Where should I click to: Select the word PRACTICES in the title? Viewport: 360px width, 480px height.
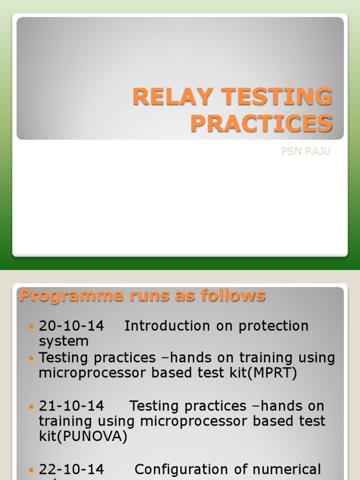point(261,124)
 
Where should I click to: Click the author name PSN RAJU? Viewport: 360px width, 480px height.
point(306,152)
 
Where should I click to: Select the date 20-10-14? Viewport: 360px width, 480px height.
point(72,326)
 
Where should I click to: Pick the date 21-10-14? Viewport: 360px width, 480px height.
point(72,406)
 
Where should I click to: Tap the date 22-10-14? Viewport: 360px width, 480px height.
point(72,469)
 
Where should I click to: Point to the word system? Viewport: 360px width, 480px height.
point(64,341)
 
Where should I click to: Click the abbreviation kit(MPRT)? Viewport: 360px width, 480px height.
point(262,374)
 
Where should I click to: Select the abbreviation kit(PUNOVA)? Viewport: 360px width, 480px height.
point(83,437)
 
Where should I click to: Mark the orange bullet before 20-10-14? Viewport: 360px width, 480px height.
point(31,326)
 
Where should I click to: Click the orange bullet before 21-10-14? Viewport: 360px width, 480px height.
point(31,406)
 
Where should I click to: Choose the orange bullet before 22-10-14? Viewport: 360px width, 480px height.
point(31,470)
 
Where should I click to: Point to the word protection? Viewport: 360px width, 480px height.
point(274,326)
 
